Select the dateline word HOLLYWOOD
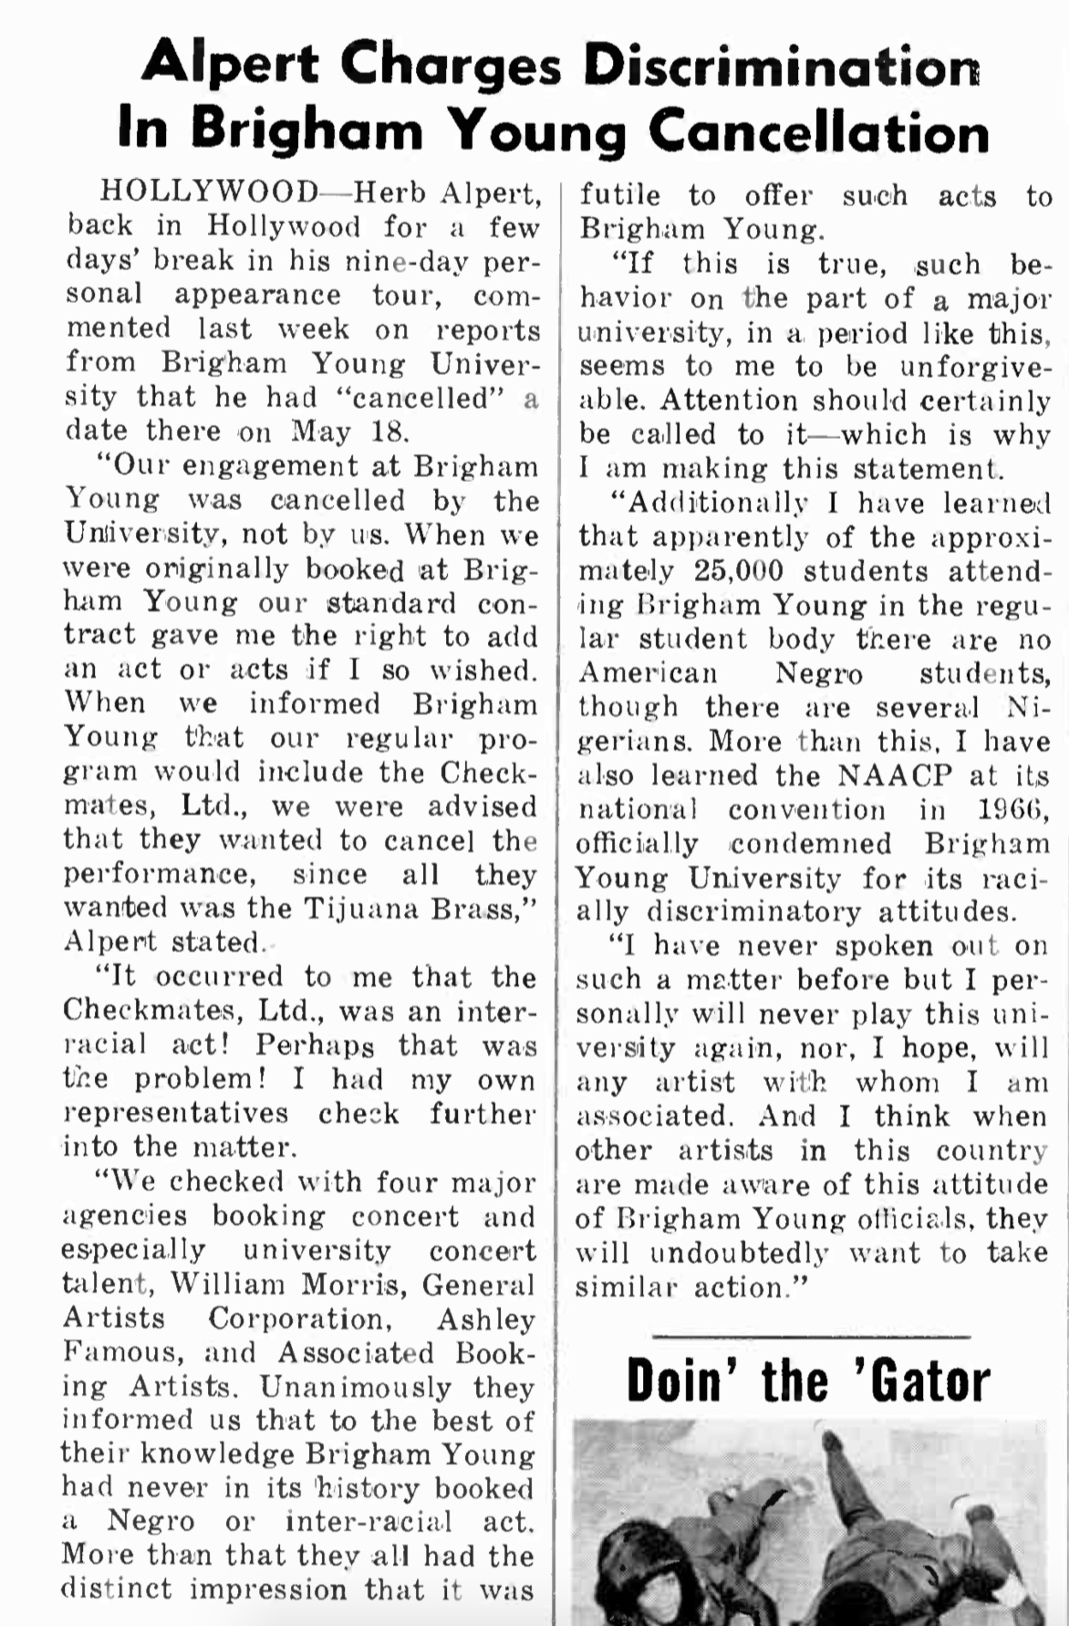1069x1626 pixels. [209, 193]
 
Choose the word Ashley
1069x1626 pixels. [485, 1319]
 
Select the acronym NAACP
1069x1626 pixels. [895, 776]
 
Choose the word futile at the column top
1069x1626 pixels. [619, 195]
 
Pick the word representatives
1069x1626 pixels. [176, 1114]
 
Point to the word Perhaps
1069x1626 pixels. [315, 1046]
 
